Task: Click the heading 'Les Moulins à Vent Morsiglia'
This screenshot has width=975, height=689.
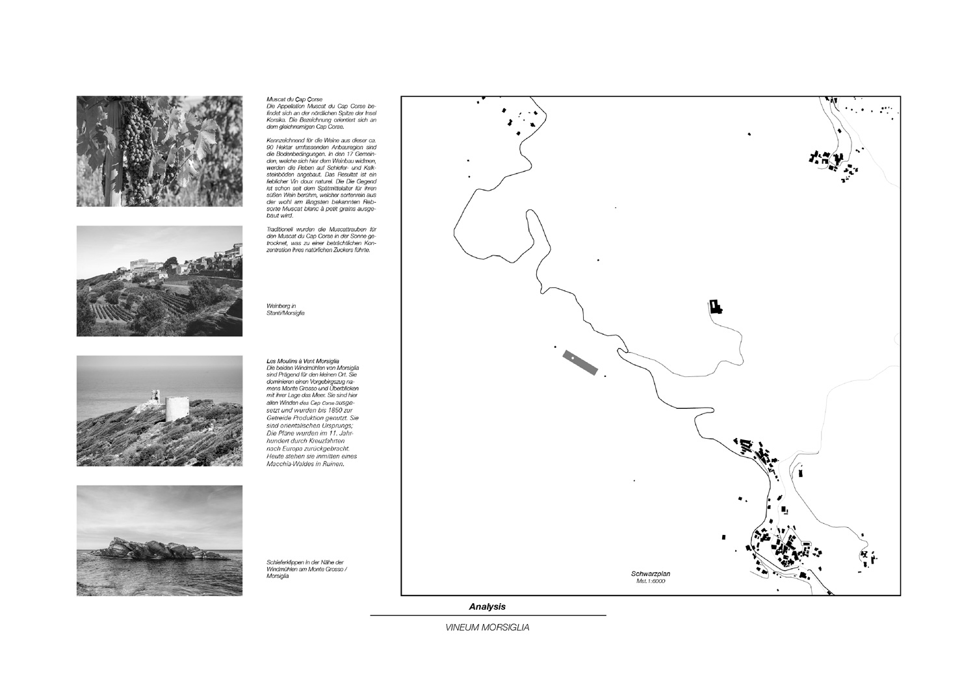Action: coord(303,361)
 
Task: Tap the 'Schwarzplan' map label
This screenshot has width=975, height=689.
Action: coord(650,574)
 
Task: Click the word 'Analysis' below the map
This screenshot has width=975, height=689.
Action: coord(487,606)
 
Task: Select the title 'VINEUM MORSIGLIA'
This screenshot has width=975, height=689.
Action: coord(487,628)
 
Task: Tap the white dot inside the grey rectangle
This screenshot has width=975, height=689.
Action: coord(573,358)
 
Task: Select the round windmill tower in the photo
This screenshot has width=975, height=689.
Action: coord(174,409)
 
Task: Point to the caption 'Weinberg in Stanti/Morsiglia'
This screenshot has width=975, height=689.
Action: coord(285,309)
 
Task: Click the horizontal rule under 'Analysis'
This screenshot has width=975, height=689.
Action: coord(487,616)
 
